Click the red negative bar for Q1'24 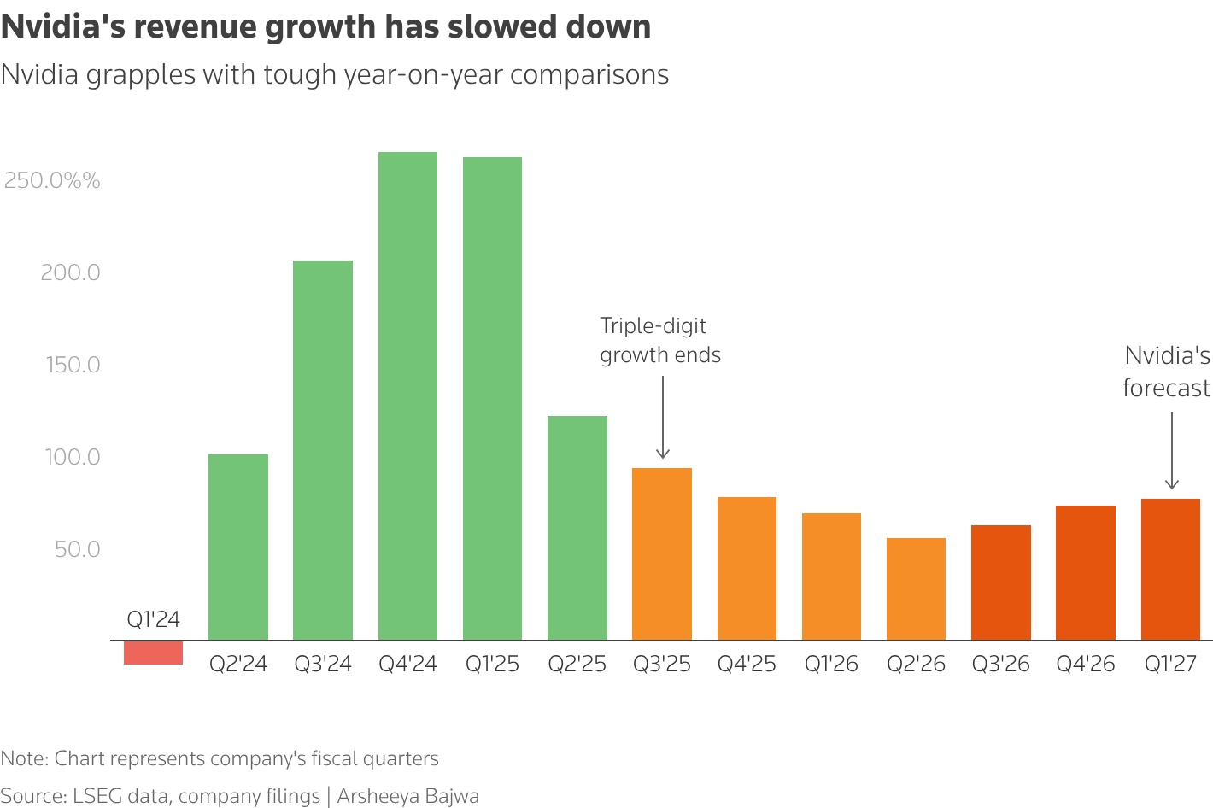click(153, 653)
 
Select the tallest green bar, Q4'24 click(407, 396)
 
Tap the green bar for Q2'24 click(238, 547)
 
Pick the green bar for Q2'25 click(577, 528)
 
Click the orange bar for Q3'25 click(662, 554)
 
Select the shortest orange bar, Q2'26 click(916, 589)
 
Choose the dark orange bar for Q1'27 click(1170, 570)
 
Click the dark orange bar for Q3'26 click(1000, 583)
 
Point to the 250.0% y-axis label click(52, 180)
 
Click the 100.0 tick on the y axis click(73, 457)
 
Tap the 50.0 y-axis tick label click(77, 549)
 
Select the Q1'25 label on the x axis click(492, 665)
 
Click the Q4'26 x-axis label click(1085, 665)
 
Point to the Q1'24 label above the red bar click(153, 619)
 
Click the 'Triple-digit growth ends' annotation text click(659, 340)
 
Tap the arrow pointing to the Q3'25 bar click(663, 419)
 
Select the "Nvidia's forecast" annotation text click(1166, 372)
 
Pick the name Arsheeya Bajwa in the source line click(408, 796)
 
